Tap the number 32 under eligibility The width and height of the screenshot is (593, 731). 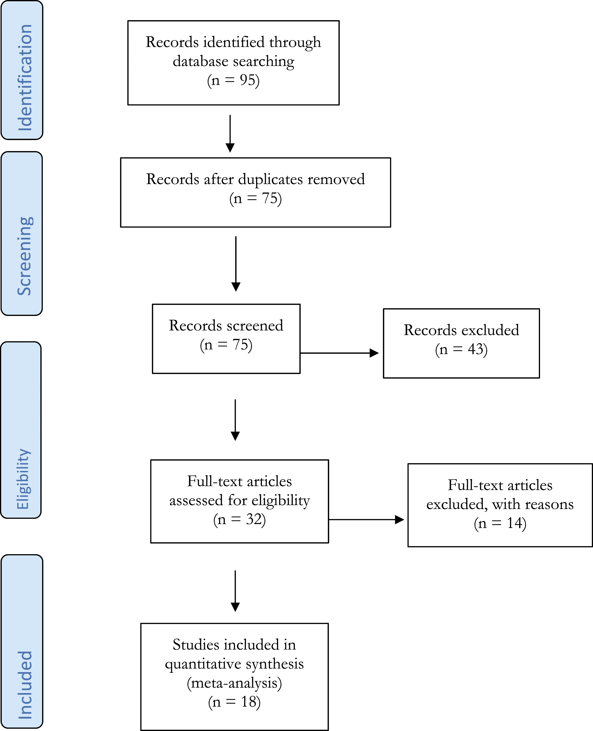[x=254, y=519]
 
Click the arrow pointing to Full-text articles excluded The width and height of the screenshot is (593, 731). [x=366, y=520]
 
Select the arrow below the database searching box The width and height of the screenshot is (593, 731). [x=230, y=134]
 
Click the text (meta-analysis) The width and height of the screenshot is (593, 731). [x=234, y=683]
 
